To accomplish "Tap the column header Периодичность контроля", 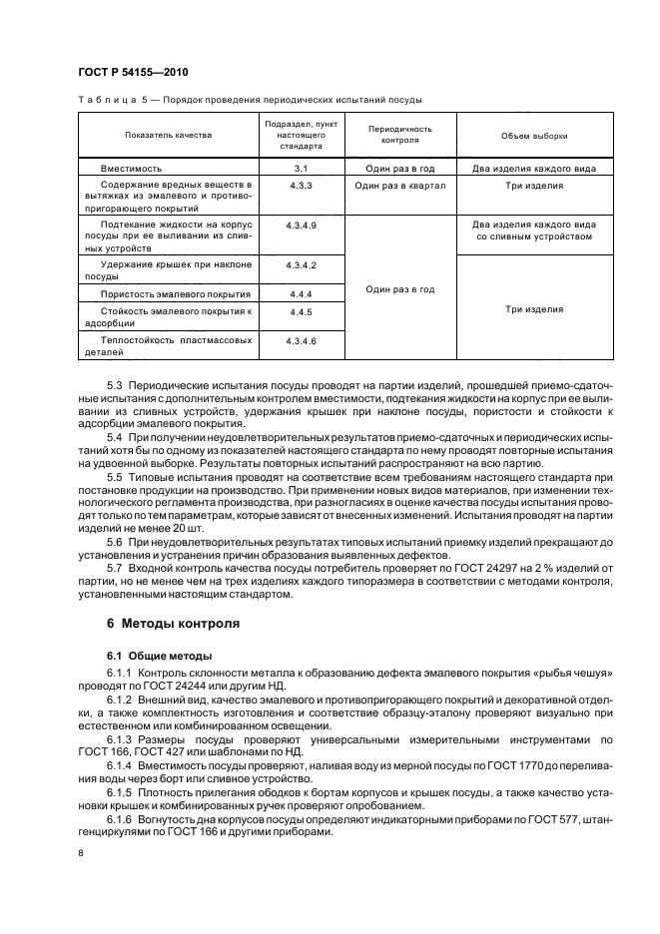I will [x=399, y=135].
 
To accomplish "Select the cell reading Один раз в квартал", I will [x=399, y=186].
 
